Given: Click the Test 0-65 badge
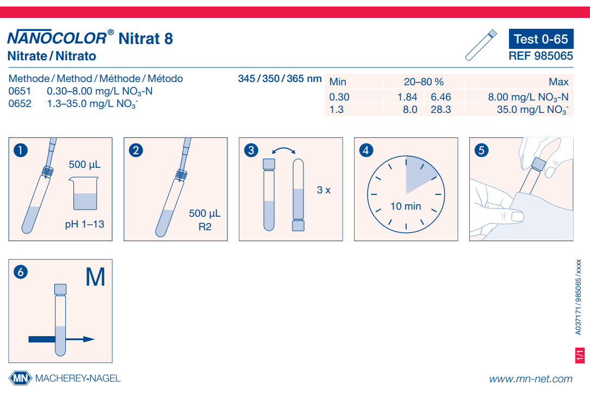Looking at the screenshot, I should (541, 39).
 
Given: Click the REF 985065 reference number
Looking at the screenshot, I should (541, 55).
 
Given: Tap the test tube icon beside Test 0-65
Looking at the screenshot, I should (481, 45).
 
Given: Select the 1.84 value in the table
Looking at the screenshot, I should (407, 97).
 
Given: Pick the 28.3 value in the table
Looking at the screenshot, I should (440, 110).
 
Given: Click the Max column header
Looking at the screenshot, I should (558, 82).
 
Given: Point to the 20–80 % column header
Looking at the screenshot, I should (424, 82).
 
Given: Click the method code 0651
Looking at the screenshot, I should (20, 92).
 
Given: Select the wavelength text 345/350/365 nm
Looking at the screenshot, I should (280, 78).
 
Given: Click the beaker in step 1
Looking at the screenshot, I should (85, 194).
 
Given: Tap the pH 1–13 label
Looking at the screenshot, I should (84, 224).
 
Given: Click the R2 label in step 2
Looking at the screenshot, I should (204, 227).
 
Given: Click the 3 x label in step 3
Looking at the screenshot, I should (324, 190).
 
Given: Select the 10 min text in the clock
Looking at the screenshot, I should (406, 206).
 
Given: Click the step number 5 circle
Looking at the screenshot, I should (481, 150).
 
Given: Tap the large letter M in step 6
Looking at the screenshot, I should (95, 278).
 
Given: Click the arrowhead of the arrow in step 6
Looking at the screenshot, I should (89, 339).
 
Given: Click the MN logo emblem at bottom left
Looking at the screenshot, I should (20, 378).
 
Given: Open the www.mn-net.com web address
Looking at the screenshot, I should (530, 379).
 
